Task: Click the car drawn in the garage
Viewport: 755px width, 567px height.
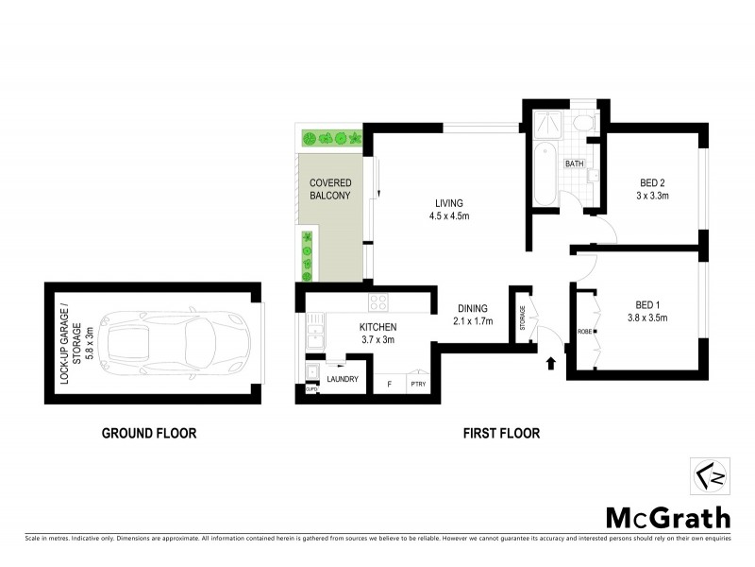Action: (179, 336)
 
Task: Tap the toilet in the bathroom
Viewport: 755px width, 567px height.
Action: (582, 125)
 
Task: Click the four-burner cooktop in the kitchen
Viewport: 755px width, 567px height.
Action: (379, 302)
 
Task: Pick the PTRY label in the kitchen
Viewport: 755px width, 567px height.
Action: (416, 386)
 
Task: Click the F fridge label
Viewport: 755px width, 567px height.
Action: (388, 386)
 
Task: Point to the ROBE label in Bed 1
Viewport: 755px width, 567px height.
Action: (585, 332)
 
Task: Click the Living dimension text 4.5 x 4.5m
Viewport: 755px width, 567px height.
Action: (449, 215)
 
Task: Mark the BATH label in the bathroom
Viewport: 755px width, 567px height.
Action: (575, 163)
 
